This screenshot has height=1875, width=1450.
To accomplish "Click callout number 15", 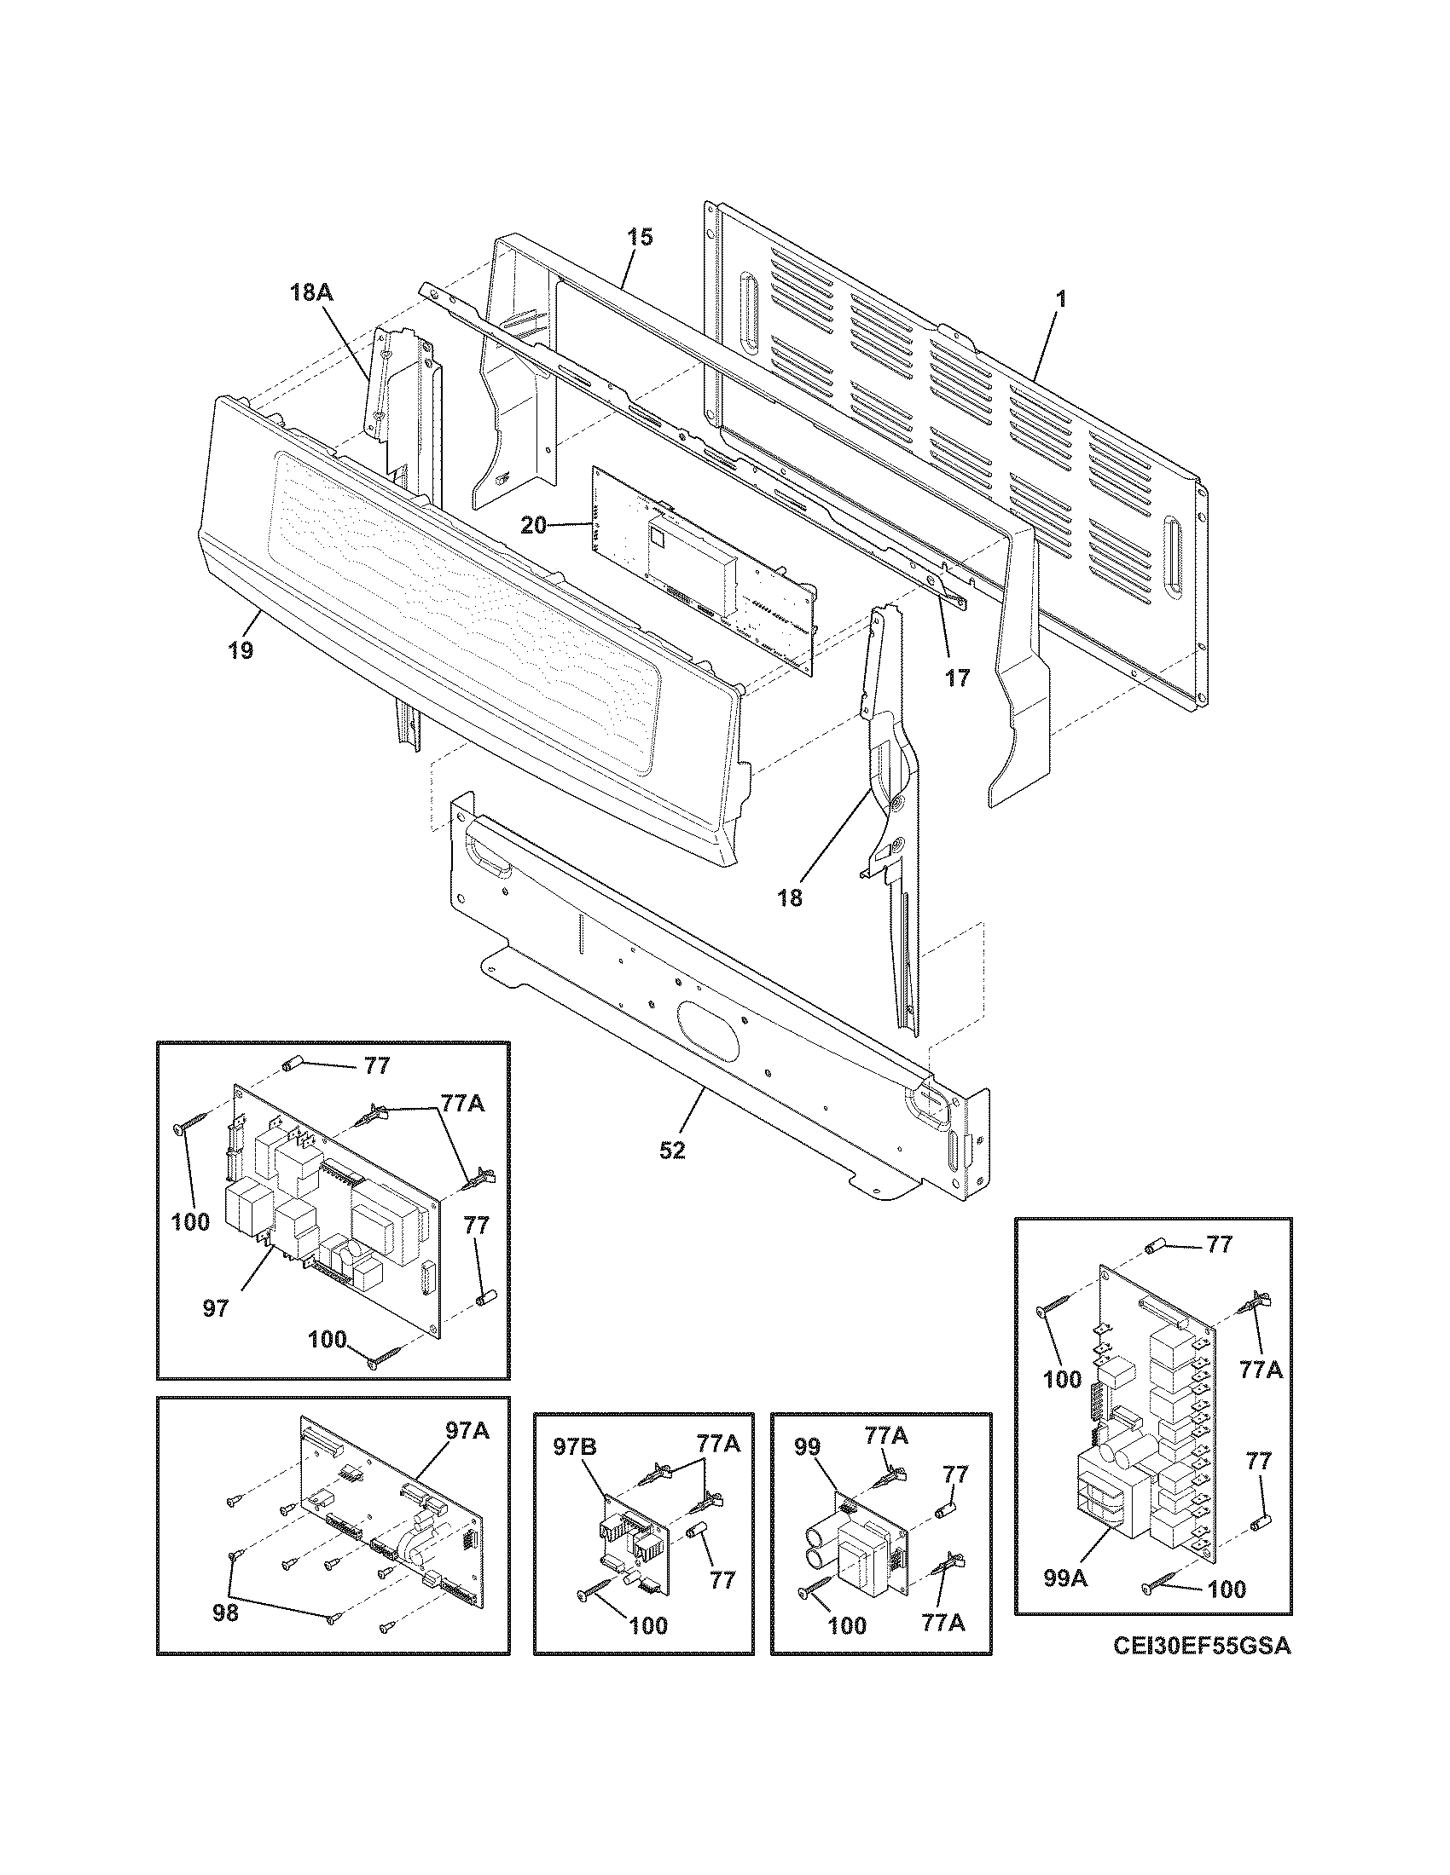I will pyautogui.click(x=639, y=237).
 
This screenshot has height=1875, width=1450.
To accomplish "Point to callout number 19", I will pyautogui.click(x=241, y=651).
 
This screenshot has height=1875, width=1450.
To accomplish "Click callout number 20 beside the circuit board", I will pyautogui.click(x=533, y=524).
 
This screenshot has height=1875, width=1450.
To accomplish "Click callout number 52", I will pyautogui.click(x=673, y=1151).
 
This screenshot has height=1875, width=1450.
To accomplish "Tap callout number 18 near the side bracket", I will pyautogui.click(x=791, y=899).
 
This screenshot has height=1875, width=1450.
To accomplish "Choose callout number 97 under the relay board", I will pyautogui.click(x=216, y=1308).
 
